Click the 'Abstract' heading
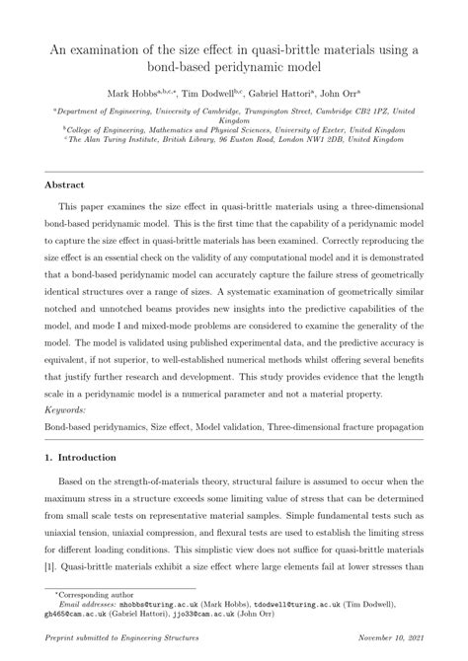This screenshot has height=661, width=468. [66, 184]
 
